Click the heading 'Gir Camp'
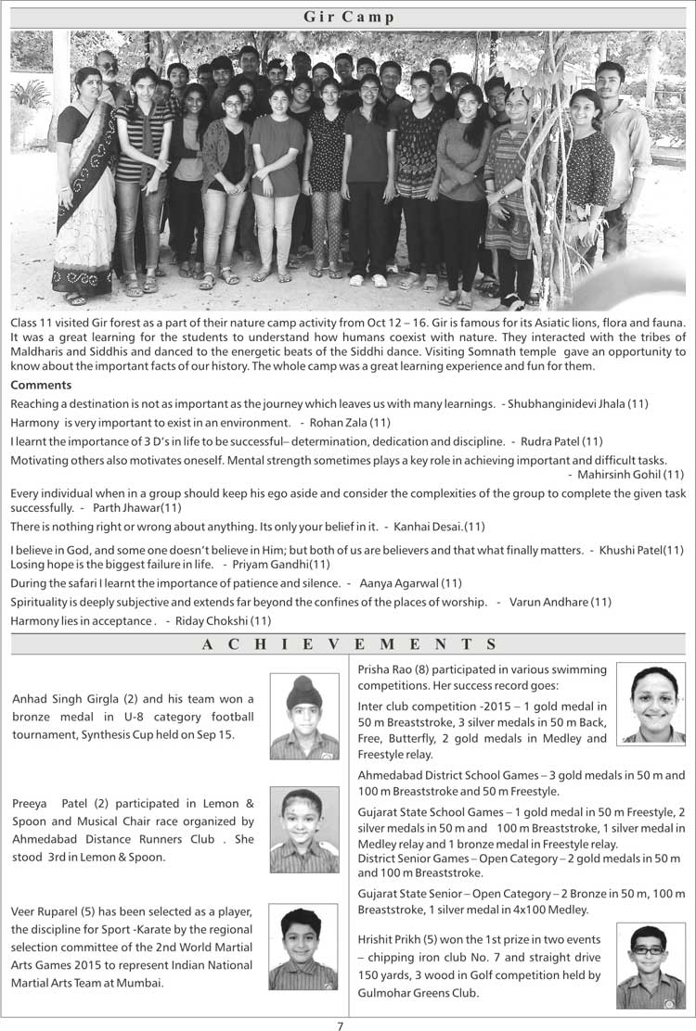348,17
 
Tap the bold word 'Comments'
41,385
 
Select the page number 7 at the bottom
341,1025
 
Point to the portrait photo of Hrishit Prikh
651,966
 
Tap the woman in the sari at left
85,185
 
